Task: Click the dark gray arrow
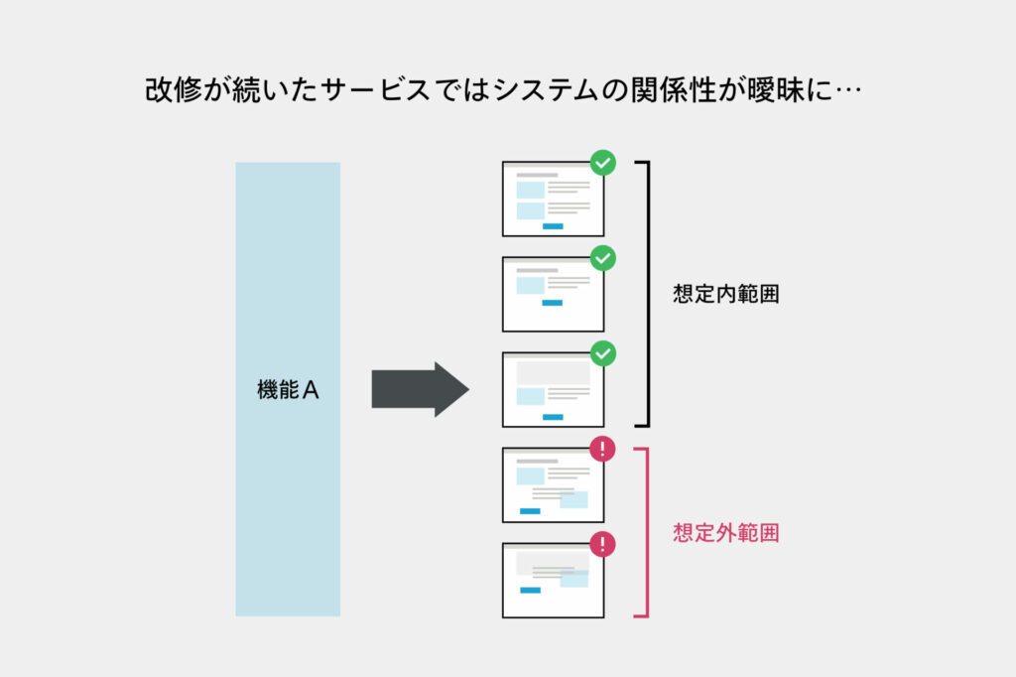click(x=420, y=389)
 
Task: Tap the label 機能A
click(x=288, y=390)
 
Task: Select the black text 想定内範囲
click(x=725, y=294)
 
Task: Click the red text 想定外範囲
click(x=725, y=533)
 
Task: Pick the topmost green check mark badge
click(x=602, y=163)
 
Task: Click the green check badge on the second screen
click(x=602, y=258)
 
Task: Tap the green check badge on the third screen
click(x=602, y=353)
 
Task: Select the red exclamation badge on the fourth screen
click(x=602, y=449)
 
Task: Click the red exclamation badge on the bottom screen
click(x=602, y=544)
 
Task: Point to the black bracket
click(x=647, y=294)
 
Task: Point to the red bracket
click(x=647, y=532)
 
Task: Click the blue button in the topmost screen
click(x=553, y=226)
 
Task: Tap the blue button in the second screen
click(x=552, y=303)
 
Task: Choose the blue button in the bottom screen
click(x=530, y=590)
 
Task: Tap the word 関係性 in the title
click(x=673, y=89)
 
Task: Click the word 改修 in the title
click(x=174, y=89)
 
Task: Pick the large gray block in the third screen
click(x=553, y=373)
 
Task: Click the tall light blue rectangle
click(x=288, y=389)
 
